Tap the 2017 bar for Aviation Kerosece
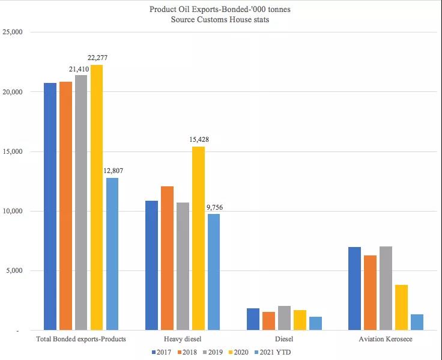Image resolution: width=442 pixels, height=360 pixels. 354,288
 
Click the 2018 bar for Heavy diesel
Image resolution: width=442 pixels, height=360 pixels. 167,258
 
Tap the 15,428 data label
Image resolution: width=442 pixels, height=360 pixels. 198,139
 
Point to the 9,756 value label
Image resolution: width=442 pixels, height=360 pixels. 214,207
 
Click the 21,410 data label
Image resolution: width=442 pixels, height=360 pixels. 78,69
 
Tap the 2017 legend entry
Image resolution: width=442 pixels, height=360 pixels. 159,352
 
